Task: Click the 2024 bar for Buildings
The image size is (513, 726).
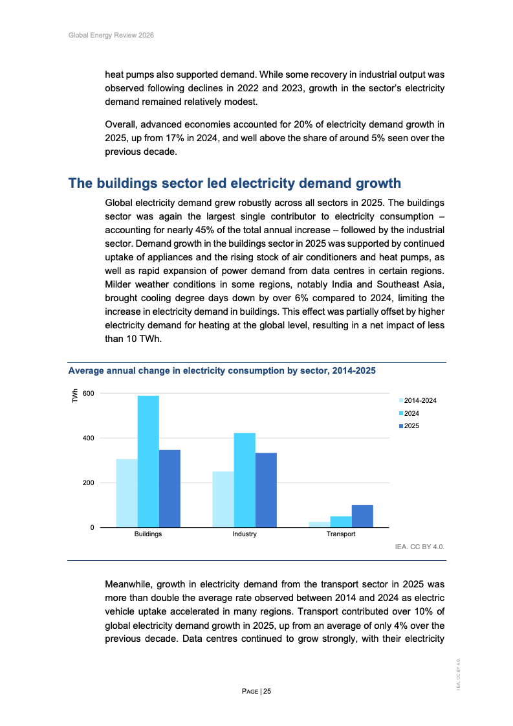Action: (x=148, y=461)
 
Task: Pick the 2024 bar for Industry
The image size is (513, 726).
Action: (x=245, y=480)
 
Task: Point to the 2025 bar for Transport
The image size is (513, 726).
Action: (x=362, y=516)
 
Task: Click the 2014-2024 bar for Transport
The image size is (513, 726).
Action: (x=319, y=524)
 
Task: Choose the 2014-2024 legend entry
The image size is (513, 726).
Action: (x=420, y=401)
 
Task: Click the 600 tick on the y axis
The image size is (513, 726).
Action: (x=89, y=393)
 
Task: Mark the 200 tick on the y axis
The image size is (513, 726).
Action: (x=89, y=482)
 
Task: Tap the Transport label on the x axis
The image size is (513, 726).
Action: (x=341, y=534)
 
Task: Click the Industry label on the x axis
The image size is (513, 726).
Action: (x=245, y=534)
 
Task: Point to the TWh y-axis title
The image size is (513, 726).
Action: (x=74, y=396)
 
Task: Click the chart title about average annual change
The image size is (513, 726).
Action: (x=222, y=371)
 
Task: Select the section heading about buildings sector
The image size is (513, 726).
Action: (x=235, y=183)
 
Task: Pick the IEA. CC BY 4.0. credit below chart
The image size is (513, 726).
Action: (x=420, y=547)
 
